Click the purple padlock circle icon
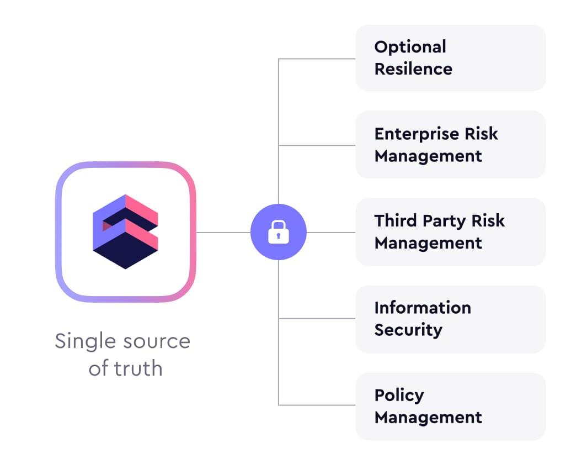[x=278, y=233]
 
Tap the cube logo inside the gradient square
[x=125, y=231]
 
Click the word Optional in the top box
[x=410, y=47]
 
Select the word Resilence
[x=413, y=69]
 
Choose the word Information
[x=423, y=308]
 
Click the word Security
[x=408, y=330]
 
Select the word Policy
[x=399, y=395]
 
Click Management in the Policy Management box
[x=428, y=417]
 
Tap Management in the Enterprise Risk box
[x=428, y=156]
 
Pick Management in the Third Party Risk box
[x=428, y=243]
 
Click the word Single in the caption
[x=84, y=341]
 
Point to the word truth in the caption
[x=141, y=368]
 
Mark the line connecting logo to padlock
[x=223, y=233]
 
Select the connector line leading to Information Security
[x=317, y=319]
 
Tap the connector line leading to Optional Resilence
[x=317, y=59]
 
